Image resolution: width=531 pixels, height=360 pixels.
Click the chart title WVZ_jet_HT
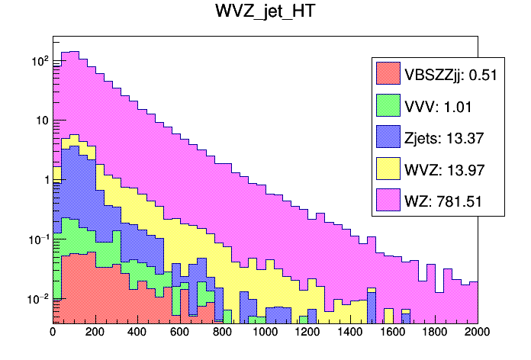tap(265, 14)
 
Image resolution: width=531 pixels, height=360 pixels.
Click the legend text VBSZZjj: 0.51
tap(451, 74)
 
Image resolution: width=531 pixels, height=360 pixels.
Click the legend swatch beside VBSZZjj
tap(388, 74)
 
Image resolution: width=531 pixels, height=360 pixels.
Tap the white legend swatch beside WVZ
tap(388, 169)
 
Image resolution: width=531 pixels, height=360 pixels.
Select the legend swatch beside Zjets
tap(388, 137)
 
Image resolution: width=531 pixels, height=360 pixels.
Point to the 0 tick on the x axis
tap(53, 333)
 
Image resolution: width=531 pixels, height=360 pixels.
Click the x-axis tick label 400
tap(137, 333)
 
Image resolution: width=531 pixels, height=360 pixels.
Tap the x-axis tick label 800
tap(223, 333)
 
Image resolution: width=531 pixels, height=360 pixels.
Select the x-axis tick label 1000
tap(265, 333)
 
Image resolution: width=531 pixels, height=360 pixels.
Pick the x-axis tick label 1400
tap(350, 333)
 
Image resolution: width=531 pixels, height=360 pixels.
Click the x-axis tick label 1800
tap(436, 333)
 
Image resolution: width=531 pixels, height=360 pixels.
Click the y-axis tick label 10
tap(40, 120)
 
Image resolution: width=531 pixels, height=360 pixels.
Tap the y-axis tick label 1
tap(44, 180)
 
